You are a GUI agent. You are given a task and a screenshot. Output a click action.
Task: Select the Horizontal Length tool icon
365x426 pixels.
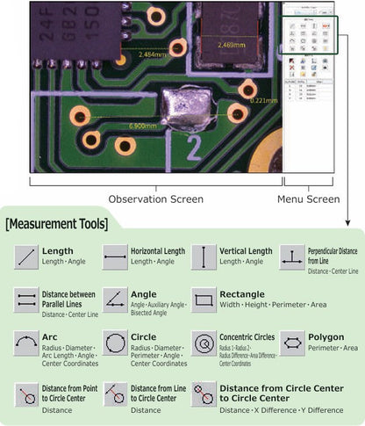[116, 257]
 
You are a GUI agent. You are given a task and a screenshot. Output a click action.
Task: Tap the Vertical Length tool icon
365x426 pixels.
[204, 257]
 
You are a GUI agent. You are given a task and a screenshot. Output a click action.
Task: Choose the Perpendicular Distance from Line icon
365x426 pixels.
[292, 257]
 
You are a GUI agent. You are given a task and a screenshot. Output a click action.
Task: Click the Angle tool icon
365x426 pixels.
[116, 300]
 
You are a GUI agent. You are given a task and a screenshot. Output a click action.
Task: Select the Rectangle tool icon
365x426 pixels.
[204, 300]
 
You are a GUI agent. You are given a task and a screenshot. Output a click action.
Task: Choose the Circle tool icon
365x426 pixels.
[116, 343]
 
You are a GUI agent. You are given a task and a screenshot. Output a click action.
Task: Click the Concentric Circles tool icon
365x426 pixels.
[204, 343]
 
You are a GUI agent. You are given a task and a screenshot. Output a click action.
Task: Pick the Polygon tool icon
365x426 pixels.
[292, 343]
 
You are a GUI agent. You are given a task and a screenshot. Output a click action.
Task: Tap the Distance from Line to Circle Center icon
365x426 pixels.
[116, 394]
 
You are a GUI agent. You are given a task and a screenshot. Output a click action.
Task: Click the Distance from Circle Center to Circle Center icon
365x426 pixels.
[204, 394]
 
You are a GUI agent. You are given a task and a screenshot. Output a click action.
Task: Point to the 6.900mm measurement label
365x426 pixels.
[142, 125]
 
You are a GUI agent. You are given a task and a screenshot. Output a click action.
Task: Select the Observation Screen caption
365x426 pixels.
[155, 198]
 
